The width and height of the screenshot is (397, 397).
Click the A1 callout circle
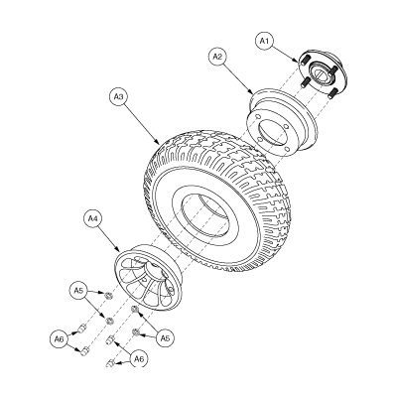pos(263,41)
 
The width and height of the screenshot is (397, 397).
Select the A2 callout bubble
pos(217,58)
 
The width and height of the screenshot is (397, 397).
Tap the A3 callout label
pos(117,97)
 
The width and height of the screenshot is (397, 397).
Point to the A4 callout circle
pos(93,215)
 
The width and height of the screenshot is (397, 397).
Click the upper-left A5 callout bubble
pos(77,289)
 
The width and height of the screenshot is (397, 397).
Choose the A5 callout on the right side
pos(164,338)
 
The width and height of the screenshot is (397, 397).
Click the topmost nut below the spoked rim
pos(105,295)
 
